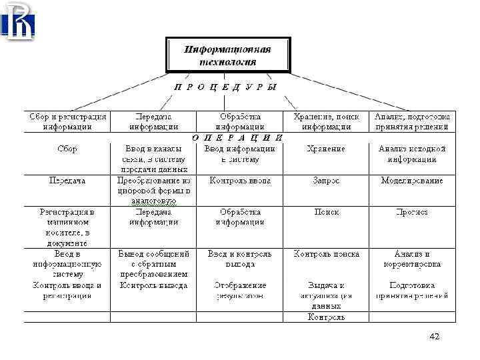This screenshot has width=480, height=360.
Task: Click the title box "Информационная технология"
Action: (x=228, y=55)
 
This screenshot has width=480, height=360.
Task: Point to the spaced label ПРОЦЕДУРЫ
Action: (x=226, y=87)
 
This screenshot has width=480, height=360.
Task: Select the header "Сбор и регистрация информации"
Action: (x=67, y=121)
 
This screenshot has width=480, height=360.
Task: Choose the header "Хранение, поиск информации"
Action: (x=326, y=121)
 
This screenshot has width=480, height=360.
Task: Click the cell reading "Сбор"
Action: (x=67, y=149)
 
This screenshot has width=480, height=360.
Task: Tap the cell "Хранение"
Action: (x=326, y=149)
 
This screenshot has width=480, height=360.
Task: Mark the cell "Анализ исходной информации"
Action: (x=412, y=154)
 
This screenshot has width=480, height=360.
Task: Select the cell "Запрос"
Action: (x=326, y=181)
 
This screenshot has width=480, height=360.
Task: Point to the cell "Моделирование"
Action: (x=412, y=181)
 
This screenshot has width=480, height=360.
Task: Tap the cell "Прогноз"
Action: (x=412, y=212)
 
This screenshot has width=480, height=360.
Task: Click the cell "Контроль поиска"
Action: (x=326, y=254)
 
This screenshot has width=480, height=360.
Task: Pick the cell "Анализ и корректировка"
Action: (x=412, y=259)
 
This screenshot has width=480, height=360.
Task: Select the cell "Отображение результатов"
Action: (x=240, y=290)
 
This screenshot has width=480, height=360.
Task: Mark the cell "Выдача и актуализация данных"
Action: (x=326, y=295)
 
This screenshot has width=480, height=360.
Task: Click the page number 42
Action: (x=435, y=337)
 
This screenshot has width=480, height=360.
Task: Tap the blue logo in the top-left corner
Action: (x=20, y=21)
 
